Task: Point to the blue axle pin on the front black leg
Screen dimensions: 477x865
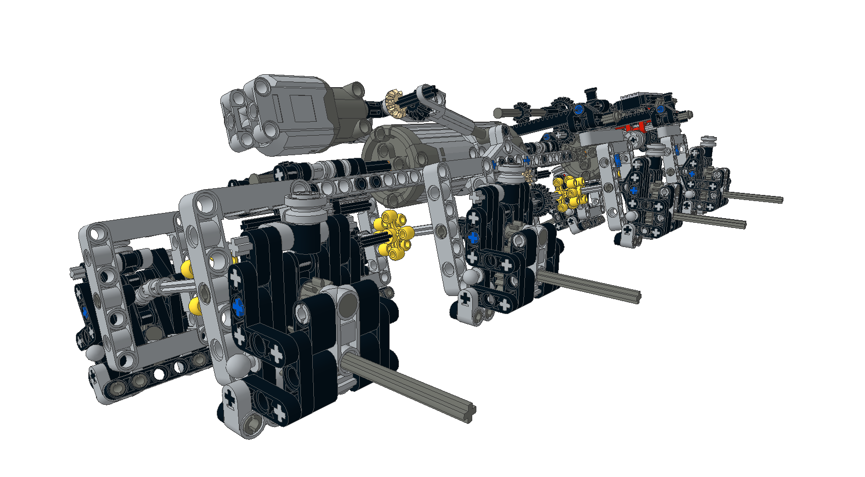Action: click(x=238, y=307)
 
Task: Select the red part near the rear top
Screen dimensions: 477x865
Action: click(x=634, y=127)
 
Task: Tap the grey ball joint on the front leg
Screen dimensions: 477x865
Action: click(x=238, y=365)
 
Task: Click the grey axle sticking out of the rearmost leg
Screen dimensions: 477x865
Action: click(x=754, y=197)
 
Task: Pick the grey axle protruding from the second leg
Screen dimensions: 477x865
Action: click(x=588, y=287)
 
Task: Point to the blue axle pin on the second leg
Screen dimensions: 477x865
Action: click(x=473, y=238)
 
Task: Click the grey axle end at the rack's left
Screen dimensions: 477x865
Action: click(x=499, y=112)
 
